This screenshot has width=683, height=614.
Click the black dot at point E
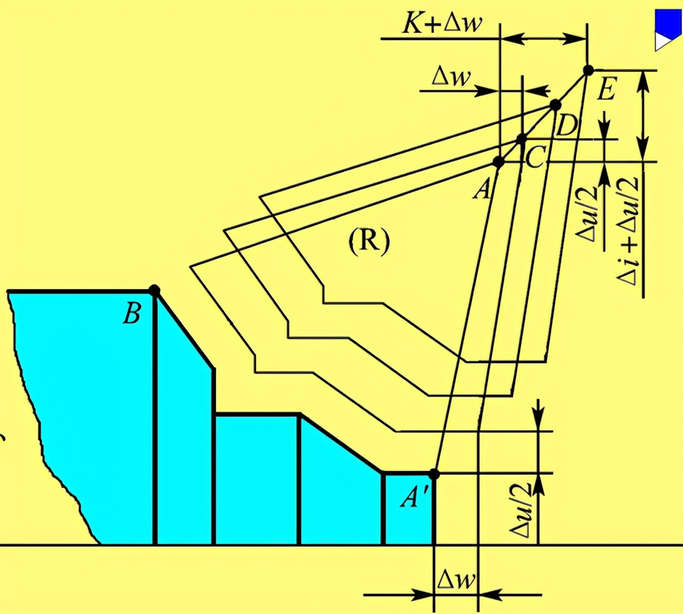tap(588, 70)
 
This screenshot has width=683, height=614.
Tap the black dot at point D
tap(555, 105)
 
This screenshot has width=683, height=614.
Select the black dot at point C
tap(522, 138)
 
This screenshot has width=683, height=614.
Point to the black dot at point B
tap(155, 290)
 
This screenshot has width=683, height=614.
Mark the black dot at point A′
tap(434, 474)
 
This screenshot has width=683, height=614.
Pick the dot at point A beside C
tap(499, 162)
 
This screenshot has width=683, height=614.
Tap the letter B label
tap(131, 314)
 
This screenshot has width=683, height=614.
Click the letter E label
tap(606, 92)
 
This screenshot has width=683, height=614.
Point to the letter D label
tap(566, 127)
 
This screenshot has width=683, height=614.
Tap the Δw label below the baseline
tap(457, 580)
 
